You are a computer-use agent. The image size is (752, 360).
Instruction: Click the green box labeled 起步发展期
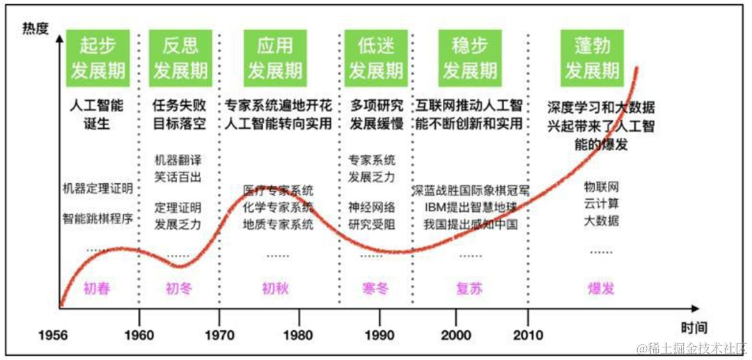pyautogui.click(x=97, y=57)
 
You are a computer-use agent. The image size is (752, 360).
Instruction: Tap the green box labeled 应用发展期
pyautogui.click(x=275, y=57)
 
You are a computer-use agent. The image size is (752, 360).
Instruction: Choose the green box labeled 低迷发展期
pyautogui.click(x=376, y=57)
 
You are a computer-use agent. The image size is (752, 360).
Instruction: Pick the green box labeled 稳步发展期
pyautogui.click(x=471, y=57)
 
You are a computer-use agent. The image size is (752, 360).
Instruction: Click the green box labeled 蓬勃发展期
pyautogui.click(x=592, y=57)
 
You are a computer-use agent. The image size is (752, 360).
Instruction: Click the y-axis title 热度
pyautogui.click(x=37, y=29)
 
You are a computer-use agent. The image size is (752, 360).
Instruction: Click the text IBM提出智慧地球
pyautogui.click(x=471, y=207)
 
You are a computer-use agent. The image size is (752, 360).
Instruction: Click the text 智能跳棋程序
pyautogui.click(x=97, y=219)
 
